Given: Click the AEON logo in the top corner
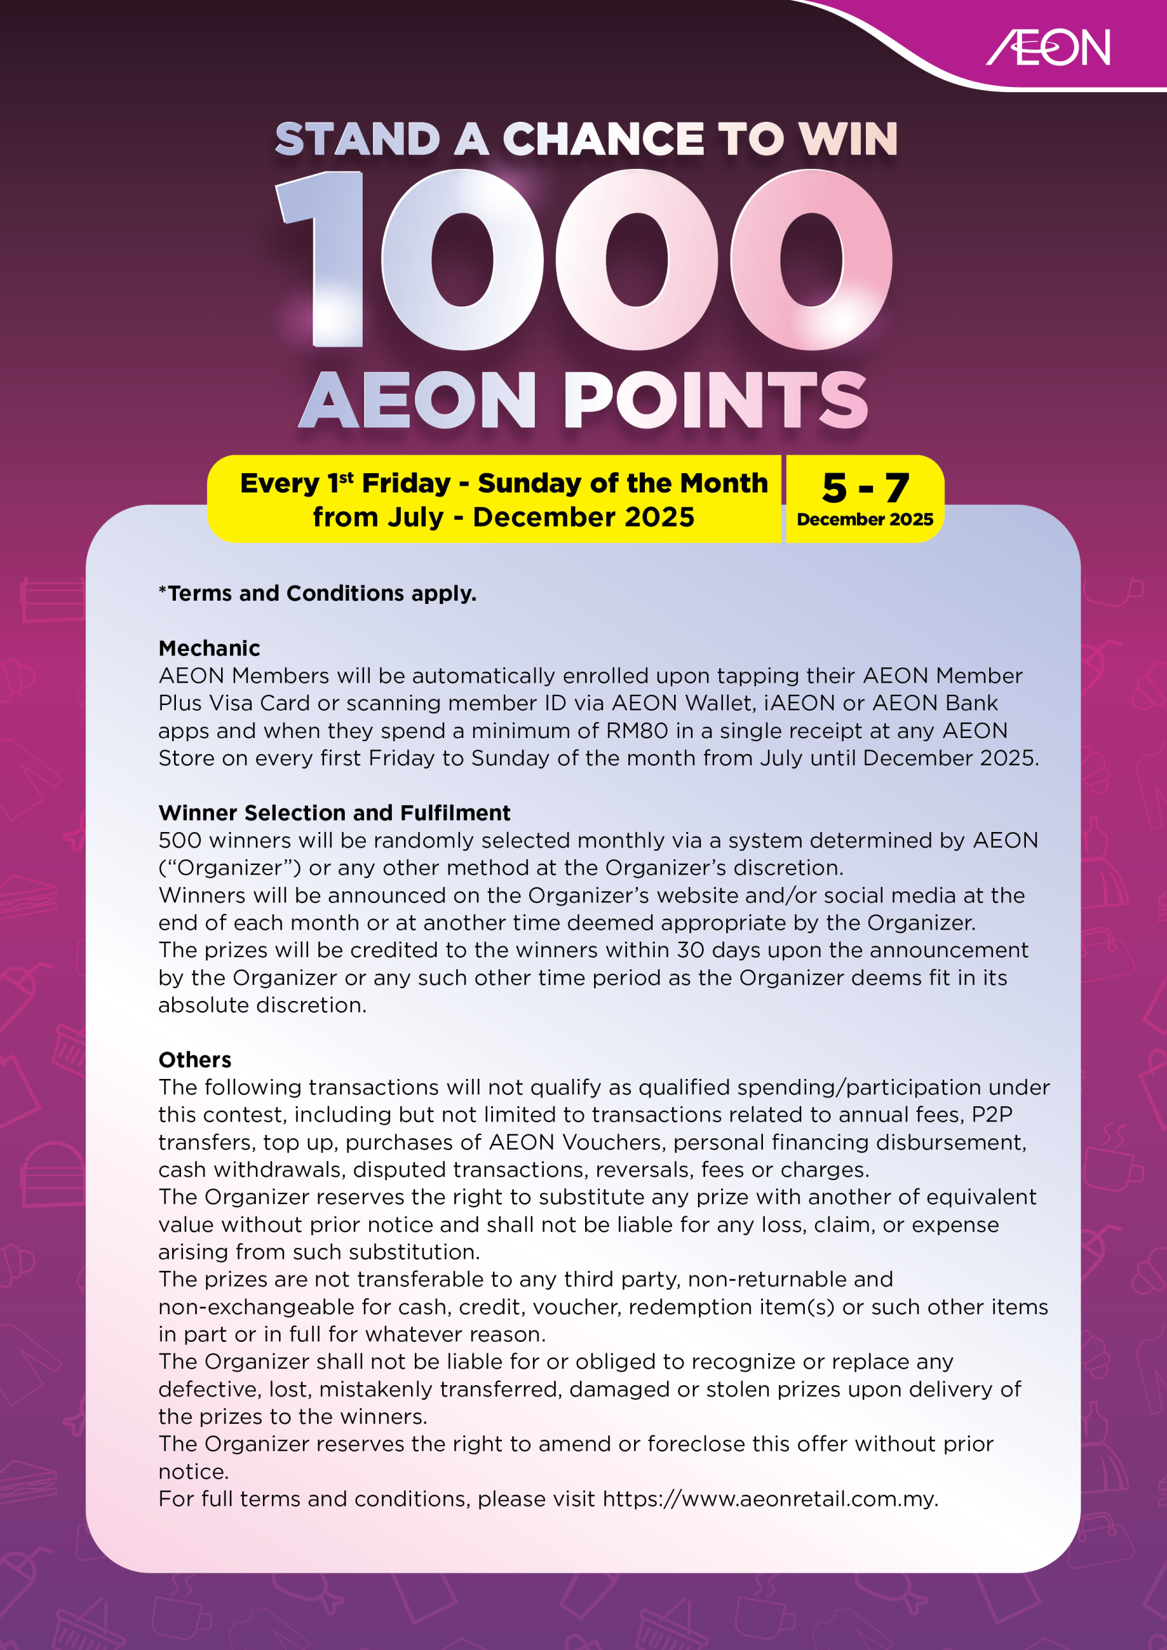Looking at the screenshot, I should [1048, 48].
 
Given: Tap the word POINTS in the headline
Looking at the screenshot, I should [716, 400].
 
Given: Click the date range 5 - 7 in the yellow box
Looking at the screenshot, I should [865, 488].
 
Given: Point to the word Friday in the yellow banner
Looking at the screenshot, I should [406, 483].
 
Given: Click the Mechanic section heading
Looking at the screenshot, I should [209, 648].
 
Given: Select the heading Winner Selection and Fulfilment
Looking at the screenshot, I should [334, 813].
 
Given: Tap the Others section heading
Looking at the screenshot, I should [195, 1060].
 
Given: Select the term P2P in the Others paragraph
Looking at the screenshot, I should [992, 1114].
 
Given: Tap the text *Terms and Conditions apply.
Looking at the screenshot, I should [318, 594].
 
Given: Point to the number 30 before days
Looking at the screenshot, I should [691, 950].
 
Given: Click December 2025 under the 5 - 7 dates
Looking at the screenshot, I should [865, 519].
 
